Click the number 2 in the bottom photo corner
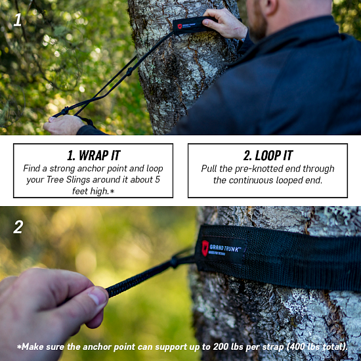point(18,227)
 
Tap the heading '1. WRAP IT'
point(93,156)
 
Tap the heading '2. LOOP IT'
point(268,156)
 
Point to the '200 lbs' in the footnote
point(208,347)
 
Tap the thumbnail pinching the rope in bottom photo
point(97,299)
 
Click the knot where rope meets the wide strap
point(176,261)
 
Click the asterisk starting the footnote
point(20,346)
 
